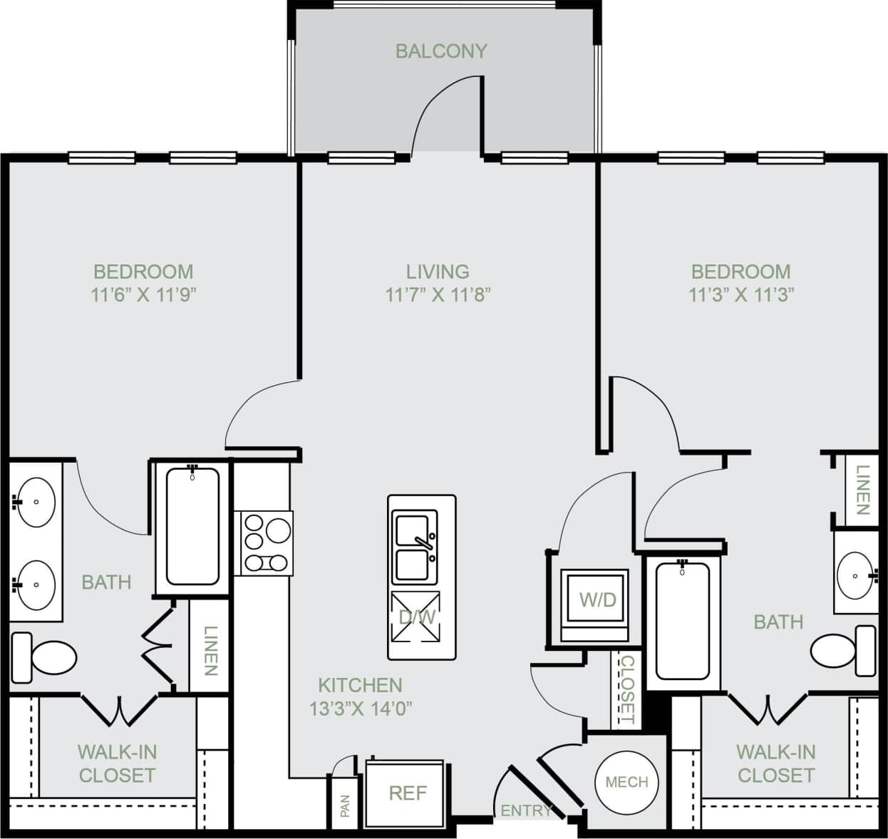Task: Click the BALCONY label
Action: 441,51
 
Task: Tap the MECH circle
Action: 626,782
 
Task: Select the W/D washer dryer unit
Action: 595,600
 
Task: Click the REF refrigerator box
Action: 407,793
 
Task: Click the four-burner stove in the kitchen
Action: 267,543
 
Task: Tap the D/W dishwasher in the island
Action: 416,617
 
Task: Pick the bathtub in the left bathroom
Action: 192,526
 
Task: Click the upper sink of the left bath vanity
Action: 36,502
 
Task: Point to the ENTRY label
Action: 526,810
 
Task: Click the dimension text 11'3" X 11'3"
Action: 741,294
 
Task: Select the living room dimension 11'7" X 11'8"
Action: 438,294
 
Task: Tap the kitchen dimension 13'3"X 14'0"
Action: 361,709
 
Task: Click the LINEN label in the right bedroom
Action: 862,490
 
